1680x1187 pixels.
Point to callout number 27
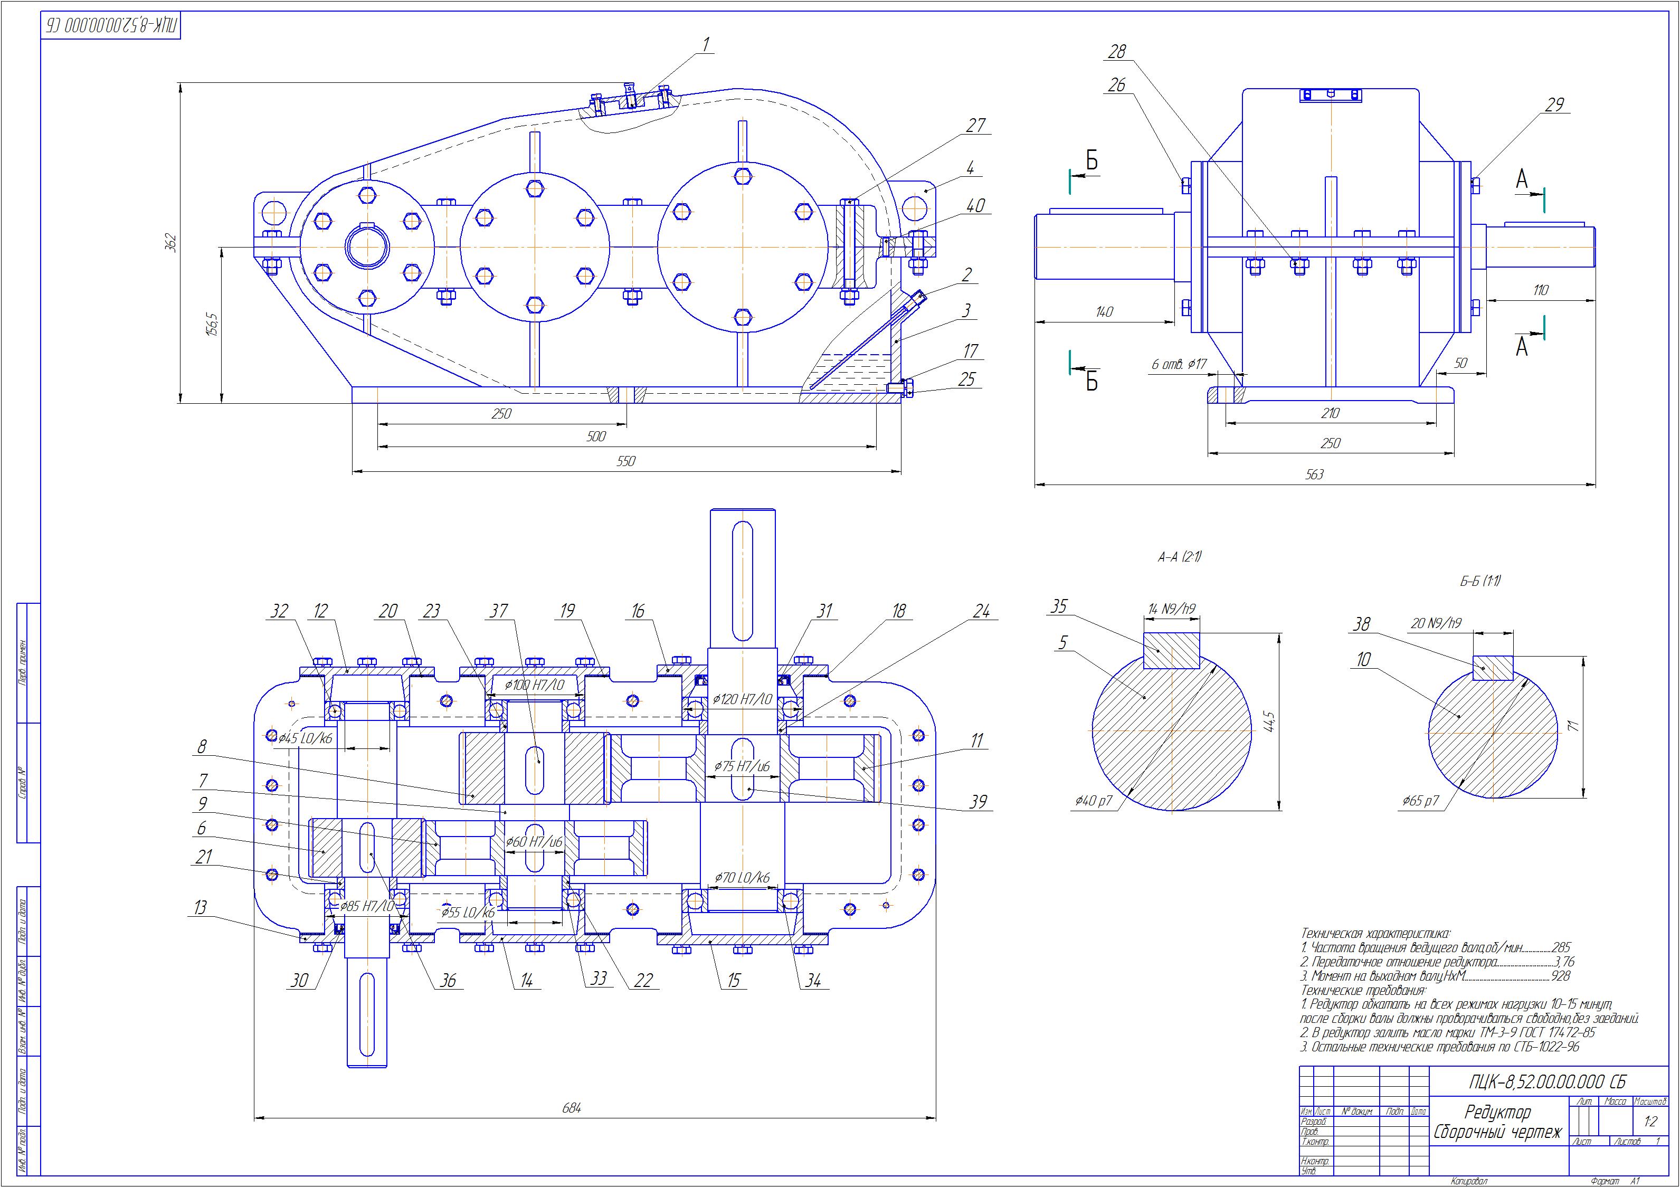[975, 125]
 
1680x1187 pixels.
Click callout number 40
[975, 206]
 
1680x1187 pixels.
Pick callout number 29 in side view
[1554, 105]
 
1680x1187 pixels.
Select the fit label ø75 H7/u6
[742, 766]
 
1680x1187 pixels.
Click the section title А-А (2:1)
[1179, 557]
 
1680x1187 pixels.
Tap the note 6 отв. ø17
[1178, 364]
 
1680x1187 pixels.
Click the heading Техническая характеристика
[1375, 934]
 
